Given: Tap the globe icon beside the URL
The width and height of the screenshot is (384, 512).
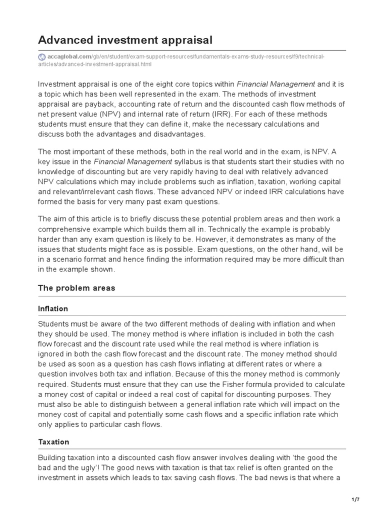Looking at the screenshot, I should click(x=41, y=57).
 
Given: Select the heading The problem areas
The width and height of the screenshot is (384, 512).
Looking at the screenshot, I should click(x=76, y=288).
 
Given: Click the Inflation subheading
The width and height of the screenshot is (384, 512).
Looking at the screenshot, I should click(x=53, y=308).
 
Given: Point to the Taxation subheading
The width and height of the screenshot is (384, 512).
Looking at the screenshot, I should click(x=53, y=442).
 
